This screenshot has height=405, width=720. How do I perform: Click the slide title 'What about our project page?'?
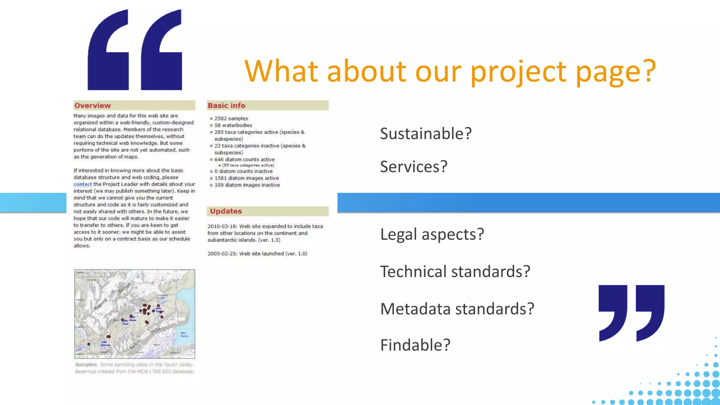tap(450, 71)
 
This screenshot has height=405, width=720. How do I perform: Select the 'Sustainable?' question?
tap(425, 134)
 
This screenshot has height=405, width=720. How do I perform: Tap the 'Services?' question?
tap(413, 167)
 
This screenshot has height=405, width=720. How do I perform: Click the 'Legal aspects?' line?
tap(432, 234)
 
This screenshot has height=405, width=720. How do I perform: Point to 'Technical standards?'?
tap(455, 272)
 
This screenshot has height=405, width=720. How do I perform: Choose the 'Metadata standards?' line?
tap(457, 309)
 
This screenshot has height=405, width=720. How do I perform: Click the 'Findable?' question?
tap(415, 345)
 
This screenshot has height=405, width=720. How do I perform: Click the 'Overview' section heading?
tap(92, 105)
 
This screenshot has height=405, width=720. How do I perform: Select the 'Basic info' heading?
tap(226, 105)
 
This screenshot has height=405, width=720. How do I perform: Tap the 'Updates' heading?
tap(226, 211)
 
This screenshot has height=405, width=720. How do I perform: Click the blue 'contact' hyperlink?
tap(83, 184)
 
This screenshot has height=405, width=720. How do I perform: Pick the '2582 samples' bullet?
tap(231, 118)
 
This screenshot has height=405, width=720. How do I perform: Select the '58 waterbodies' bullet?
tap(233, 125)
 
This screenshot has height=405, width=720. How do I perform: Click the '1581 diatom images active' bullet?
tap(246, 178)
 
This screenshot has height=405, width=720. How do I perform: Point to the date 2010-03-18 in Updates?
tap(222, 226)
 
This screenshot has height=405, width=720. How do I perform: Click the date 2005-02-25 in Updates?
tap(222, 254)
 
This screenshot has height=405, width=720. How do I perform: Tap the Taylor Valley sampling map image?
tap(135, 314)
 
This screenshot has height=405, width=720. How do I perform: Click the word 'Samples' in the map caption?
tap(86, 365)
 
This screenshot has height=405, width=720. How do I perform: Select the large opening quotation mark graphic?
tap(135, 50)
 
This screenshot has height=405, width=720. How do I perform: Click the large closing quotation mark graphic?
tap(631, 313)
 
